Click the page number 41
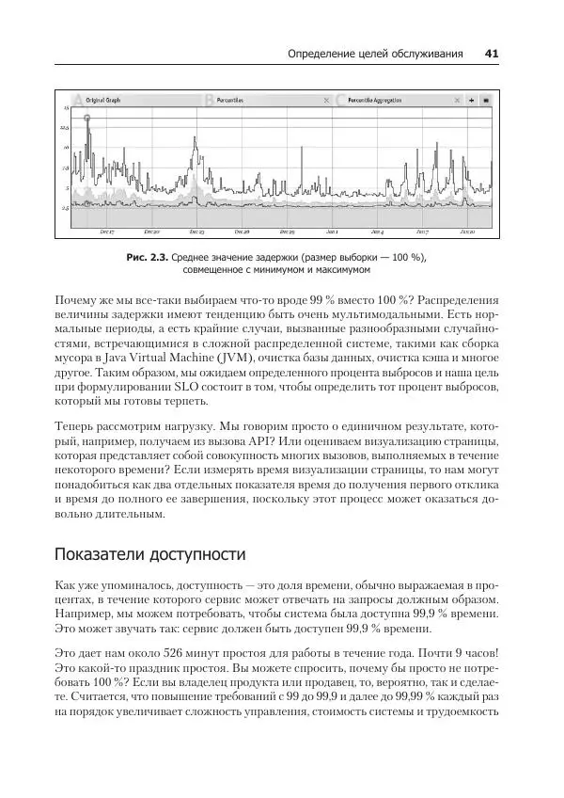[491, 54]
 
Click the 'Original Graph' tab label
[102, 99]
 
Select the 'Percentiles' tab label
[230, 99]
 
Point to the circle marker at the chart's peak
[86, 119]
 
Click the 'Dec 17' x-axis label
[106, 231]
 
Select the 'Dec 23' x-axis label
[196, 231]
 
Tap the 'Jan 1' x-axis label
[332, 231]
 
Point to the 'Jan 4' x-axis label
[377, 231]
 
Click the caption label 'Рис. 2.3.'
[146, 256]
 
